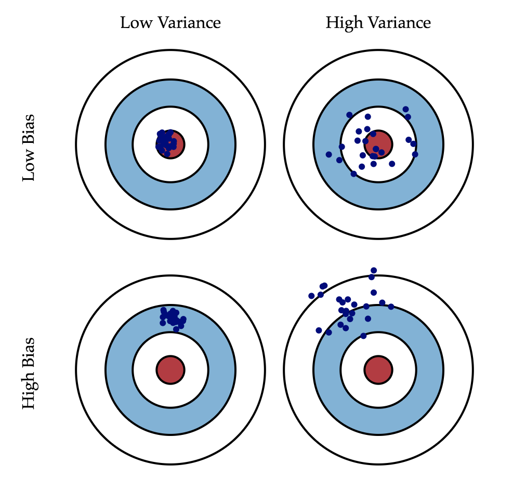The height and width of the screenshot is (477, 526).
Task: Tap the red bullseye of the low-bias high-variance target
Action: click(378, 143)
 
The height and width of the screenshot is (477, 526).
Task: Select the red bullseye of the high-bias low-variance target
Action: click(170, 369)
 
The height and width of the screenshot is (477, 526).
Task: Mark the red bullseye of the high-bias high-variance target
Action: click(378, 369)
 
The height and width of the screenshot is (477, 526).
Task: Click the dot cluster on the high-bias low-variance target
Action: click(172, 317)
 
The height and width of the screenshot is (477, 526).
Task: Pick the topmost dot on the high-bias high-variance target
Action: click(373, 270)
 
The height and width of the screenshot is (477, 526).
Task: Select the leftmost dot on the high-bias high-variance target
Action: click(311, 296)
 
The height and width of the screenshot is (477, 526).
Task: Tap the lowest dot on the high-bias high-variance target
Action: click(363, 336)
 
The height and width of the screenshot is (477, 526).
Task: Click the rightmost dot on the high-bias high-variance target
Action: click(391, 307)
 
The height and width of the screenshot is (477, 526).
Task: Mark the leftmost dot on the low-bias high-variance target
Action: click(328, 154)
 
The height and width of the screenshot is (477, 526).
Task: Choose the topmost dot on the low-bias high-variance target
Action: click(405, 109)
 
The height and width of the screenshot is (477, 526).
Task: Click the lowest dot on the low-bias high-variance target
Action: click(353, 174)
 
